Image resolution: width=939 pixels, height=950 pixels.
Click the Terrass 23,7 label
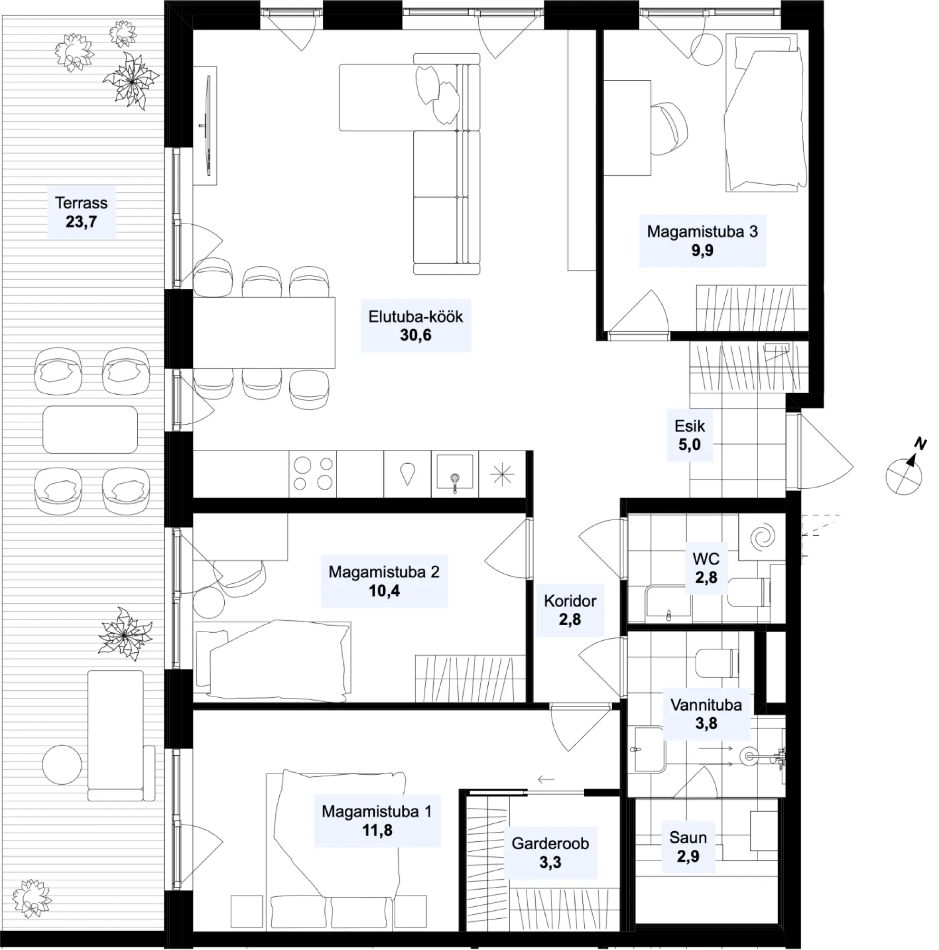point(81,212)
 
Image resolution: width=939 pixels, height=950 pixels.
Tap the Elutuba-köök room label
point(416,325)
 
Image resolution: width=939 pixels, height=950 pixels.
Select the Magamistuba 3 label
point(702,241)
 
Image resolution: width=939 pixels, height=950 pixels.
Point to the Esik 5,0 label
point(689,435)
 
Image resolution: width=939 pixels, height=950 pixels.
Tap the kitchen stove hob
point(313,474)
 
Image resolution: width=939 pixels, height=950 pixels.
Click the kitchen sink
point(455,474)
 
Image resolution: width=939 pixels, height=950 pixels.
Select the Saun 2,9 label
point(688,847)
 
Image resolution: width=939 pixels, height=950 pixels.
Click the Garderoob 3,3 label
point(550,853)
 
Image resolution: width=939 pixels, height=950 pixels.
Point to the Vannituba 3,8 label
point(706,714)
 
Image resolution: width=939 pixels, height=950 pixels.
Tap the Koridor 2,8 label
point(570,610)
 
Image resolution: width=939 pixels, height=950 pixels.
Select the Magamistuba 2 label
point(384,581)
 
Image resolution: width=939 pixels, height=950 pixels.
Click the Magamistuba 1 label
point(377,821)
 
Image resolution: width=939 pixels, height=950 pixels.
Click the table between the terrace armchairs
point(90,429)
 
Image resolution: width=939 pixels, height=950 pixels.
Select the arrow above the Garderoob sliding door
point(546,779)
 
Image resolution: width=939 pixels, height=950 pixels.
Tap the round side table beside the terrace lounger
point(62,765)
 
